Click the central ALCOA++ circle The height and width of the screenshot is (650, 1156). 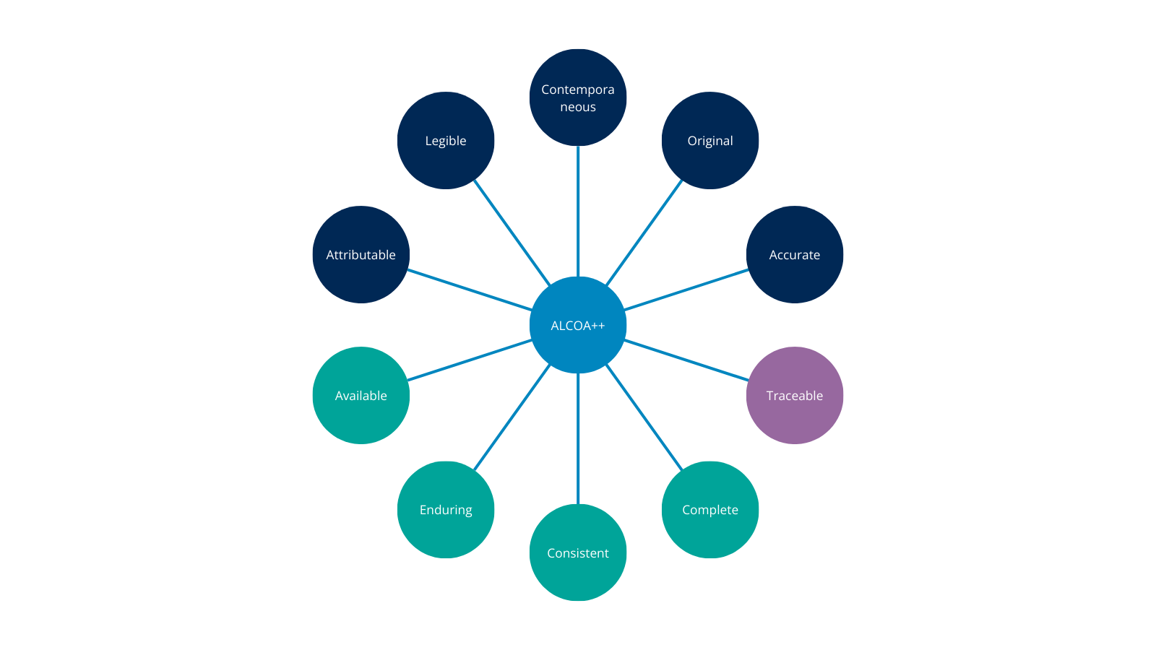pos(578,325)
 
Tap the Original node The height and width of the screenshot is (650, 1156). pos(710,141)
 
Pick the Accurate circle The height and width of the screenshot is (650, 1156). pos(795,255)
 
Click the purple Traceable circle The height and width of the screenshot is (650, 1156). pos(795,396)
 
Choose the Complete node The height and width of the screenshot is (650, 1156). pos(710,510)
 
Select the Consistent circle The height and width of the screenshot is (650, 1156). pos(578,552)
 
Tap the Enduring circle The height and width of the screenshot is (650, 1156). pos(446,510)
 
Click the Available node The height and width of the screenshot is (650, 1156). pos(361,396)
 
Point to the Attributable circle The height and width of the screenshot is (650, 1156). pos(361,255)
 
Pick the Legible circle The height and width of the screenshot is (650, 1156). pos(446,141)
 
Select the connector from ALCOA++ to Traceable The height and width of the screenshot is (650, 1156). pos(686,360)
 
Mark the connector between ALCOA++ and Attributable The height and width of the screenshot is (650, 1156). pos(470,290)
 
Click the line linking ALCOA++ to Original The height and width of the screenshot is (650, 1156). pos(644,233)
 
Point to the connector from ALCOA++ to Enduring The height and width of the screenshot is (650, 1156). pos(512,418)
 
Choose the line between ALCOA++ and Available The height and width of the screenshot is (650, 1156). pos(470,360)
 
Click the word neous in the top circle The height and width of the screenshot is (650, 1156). pos(578,107)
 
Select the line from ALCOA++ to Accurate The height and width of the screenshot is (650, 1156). pos(686,290)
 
